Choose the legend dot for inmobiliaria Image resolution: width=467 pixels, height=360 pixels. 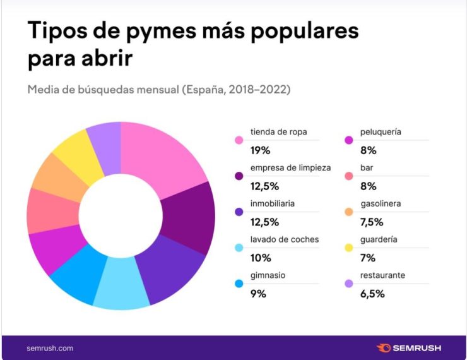(239, 212)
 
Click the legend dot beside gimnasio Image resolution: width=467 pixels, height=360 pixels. (239, 284)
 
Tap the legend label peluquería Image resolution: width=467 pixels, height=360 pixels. (380, 132)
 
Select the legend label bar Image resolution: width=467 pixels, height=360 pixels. (367, 168)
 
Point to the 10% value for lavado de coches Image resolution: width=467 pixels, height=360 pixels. (260, 258)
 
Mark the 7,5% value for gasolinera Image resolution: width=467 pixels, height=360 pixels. (372, 222)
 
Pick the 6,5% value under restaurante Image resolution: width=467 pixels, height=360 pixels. (372, 294)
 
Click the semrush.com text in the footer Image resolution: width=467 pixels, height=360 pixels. (50, 348)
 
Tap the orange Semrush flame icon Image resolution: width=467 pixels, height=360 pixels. (384, 348)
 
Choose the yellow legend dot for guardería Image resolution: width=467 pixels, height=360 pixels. (348, 248)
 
